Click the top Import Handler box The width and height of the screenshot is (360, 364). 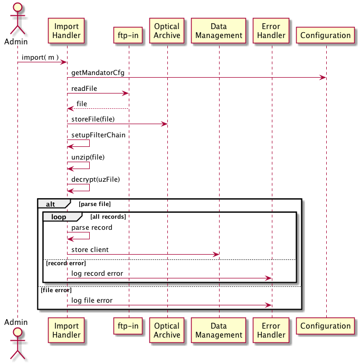67,31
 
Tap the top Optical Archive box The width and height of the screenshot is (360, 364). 167,31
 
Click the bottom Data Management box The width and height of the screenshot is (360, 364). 219,330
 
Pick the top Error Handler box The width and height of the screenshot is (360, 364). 271,31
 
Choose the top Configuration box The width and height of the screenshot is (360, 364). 326,35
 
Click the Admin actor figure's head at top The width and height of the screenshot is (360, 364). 17,7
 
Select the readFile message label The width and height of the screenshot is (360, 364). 84,88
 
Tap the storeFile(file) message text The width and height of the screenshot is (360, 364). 93,119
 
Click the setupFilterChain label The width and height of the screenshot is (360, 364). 99,135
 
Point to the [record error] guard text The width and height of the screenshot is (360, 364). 66,263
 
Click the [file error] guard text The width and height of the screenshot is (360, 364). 56,290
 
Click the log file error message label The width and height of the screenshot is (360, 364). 92,300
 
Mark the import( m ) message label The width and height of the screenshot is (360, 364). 40,57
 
